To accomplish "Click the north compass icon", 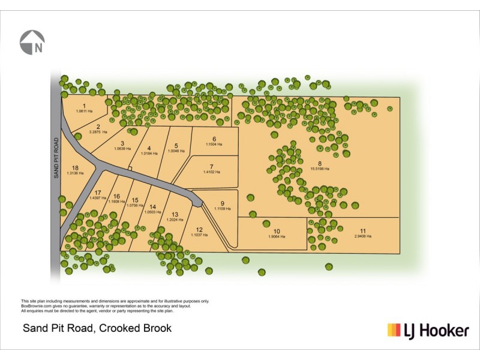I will (32, 42).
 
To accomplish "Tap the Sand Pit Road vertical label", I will (56, 158).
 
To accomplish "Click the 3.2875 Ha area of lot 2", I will (98, 132).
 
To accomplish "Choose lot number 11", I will (362, 230).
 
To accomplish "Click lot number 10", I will (277, 231).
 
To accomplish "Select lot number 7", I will (211, 166).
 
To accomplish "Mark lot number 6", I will (214, 139).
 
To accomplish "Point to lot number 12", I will (199, 229).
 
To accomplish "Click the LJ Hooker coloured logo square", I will (394, 329).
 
